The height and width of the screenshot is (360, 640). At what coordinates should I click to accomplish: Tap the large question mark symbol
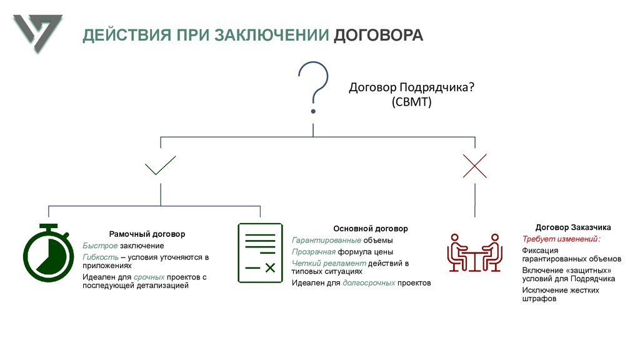click(313, 87)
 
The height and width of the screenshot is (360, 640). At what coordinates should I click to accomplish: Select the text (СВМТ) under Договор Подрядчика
click(412, 102)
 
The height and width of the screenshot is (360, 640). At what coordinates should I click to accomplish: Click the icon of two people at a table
click(475, 252)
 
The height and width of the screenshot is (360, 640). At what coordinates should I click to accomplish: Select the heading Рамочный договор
click(147, 234)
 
